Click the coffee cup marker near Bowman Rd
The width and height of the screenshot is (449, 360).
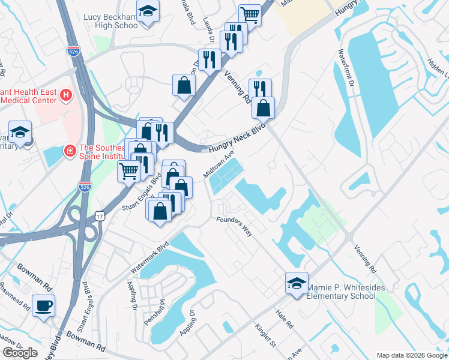[x=43, y=305]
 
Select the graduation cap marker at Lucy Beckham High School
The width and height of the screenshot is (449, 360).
[x=146, y=12]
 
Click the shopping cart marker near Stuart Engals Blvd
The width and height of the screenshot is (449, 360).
[x=128, y=171]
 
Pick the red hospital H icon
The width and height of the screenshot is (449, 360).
[x=66, y=95]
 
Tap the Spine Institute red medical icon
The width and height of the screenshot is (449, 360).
[x=70, y=149]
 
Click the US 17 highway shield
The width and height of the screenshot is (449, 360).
[x=100, y=215]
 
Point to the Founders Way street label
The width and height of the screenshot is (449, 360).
[x=235, y=226]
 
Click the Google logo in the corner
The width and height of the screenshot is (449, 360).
[x=20, y=352]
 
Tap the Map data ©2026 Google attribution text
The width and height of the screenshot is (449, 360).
[x=411, y=355]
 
